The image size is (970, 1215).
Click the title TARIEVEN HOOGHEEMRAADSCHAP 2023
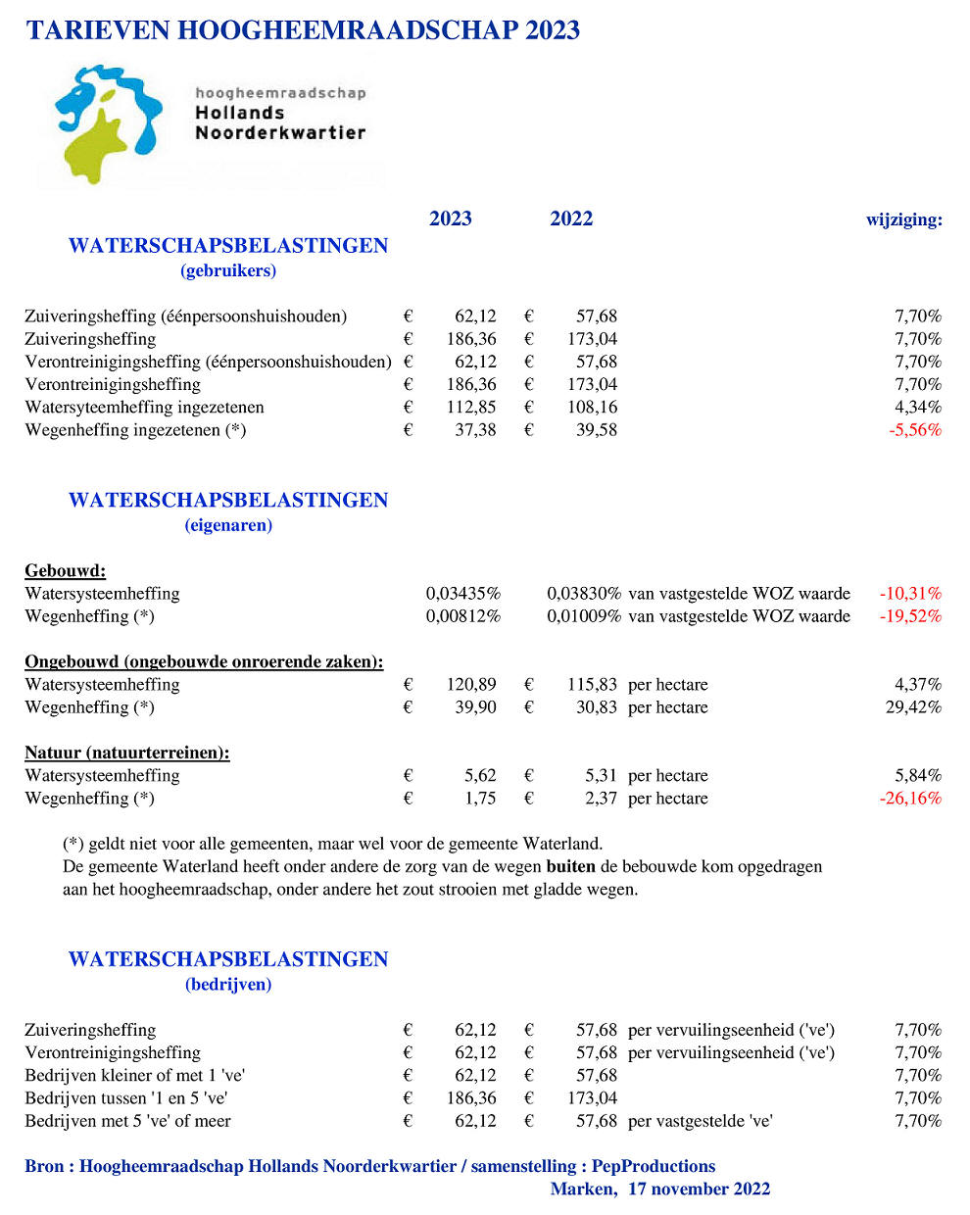[x=303, y=30]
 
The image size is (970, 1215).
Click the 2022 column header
[x=571, y=219]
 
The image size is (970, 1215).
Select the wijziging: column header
[x=903, y=219]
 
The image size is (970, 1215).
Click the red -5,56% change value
[x=914, y=430]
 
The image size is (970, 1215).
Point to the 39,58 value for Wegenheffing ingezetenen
[x=597, y=430]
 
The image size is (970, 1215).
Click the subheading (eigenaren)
[x=228, y=525]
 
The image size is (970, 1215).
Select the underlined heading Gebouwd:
[x=65, y=571]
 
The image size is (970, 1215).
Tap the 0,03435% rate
[x=462, y=594]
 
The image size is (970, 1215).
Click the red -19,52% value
[x=910, y=616]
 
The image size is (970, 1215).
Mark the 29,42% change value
[x=913, y=707]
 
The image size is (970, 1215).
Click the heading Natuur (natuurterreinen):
[x=127, y=753]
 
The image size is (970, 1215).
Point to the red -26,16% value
[x=910, y=799]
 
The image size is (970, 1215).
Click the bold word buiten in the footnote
[x=570, y=867]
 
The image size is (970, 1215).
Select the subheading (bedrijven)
[x=228, y=985]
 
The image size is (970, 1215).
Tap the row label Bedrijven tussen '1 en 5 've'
[x=126, y=1098]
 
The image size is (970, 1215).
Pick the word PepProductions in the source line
[x=654, y=1167]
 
